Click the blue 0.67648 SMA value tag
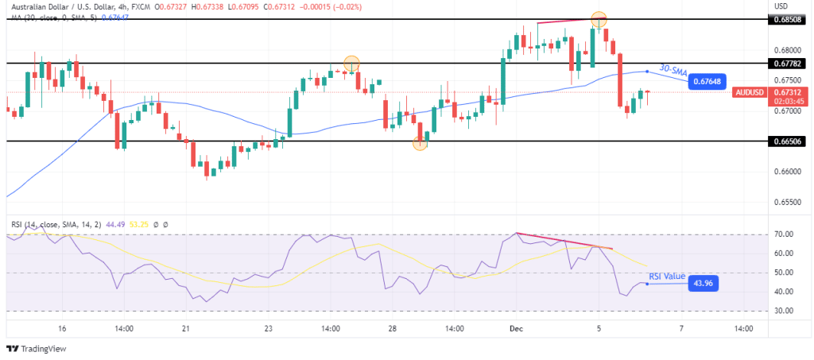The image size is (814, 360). click(x=707, y=81)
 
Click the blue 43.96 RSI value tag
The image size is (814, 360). click(x=701, y=283)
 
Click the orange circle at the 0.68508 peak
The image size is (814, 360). click(x=599, y=19)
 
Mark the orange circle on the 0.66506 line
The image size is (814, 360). click(x=420, y=143)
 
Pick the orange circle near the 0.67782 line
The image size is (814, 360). click(x=351, y=63)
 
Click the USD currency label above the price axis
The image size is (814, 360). click(x=781, y=6)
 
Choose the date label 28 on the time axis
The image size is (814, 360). click(x=392, y=327)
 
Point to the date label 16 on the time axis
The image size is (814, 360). click(x=61, y=327)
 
